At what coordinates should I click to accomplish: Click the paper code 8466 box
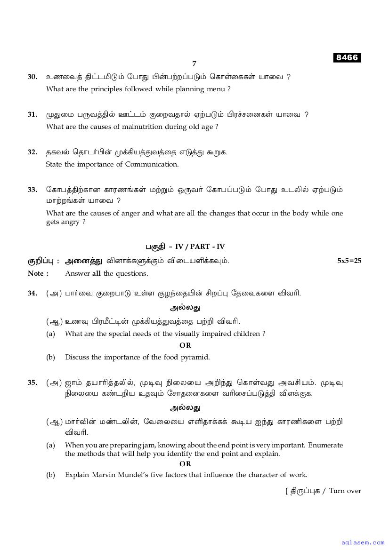(x=348, y=58)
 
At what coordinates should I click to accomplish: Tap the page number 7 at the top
(x=194, y=64)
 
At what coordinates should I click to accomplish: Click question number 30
(x=32, y=77)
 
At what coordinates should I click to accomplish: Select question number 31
(x=32, y=114)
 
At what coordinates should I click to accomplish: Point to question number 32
(x=32, y=152)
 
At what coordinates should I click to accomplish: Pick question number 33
(x=32, y=190)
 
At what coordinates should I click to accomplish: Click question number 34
(x=32, y=293)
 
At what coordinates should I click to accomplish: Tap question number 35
(x=32, y=383)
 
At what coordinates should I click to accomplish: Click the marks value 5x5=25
(x=349, y=261)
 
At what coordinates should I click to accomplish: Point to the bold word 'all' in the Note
(x=96, y=273)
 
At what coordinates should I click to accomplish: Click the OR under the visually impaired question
(x=185, y=345)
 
